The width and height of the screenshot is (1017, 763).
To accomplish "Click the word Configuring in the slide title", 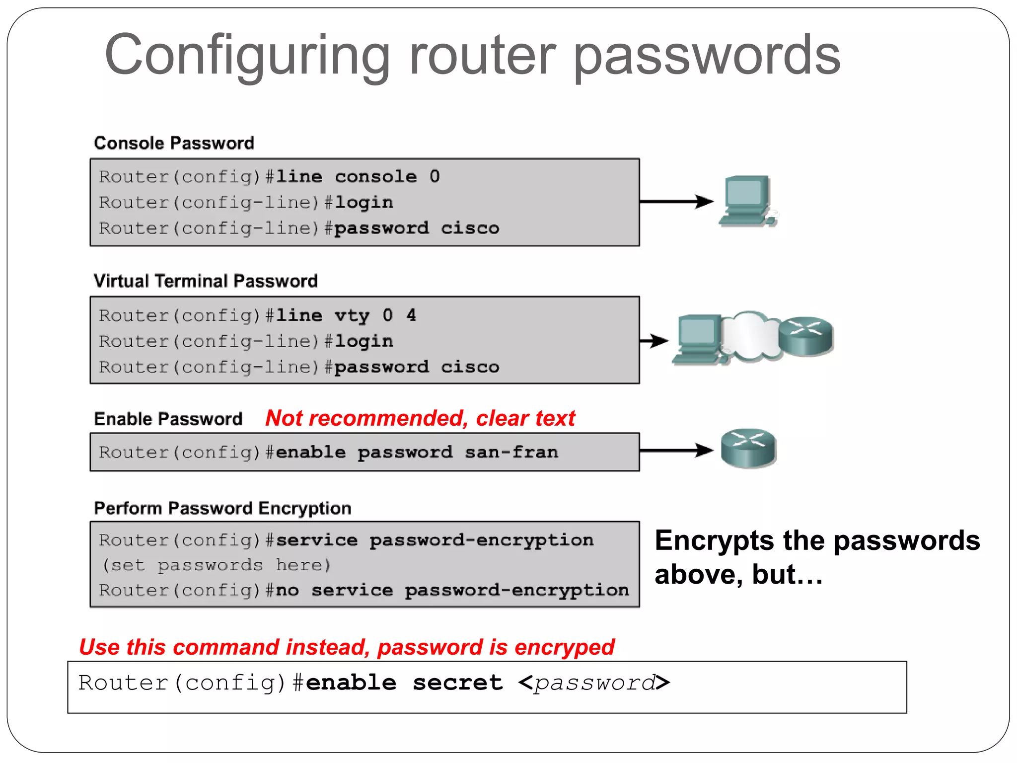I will [247, 56].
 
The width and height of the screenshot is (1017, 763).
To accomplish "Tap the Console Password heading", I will [174, 143].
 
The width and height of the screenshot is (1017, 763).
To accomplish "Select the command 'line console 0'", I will [358, 176].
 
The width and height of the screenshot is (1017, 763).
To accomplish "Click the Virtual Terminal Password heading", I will [206, 281].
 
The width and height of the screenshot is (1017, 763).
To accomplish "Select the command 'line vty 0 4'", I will [346, 315].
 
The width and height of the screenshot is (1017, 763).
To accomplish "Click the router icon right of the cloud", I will [805, 336].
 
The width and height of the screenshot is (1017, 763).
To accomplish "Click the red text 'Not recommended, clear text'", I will [420, 418].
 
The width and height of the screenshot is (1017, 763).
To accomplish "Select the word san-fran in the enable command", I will [511, 452].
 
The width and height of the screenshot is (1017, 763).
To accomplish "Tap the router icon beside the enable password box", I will [748, 448].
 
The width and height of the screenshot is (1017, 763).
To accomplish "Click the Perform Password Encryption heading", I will [222, 508].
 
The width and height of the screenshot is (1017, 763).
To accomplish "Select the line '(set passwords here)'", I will [216, 565].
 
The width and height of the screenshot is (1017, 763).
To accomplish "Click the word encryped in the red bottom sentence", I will [564, 647].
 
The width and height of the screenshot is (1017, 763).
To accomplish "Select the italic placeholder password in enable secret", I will [594, 683].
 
